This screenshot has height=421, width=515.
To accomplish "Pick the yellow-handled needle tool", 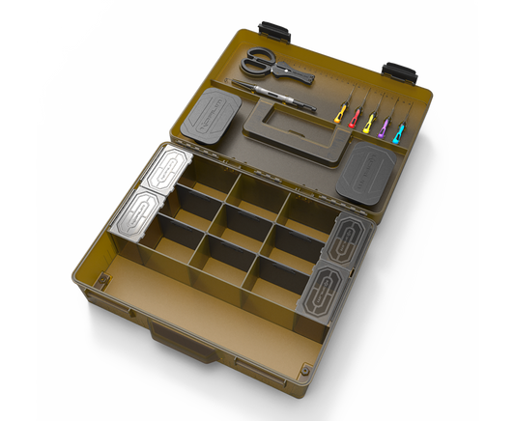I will pyautogui.click(x=340, y=112).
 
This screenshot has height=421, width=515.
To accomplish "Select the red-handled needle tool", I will pyautogui.click(x=356, y=116).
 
